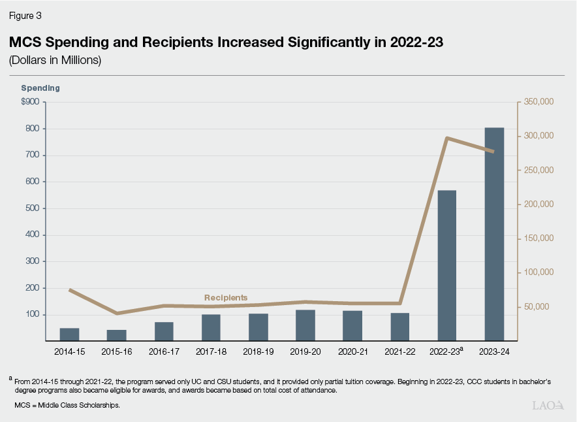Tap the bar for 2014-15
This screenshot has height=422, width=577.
(x=69, y=334)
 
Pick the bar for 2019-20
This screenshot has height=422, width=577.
(x=305, y=325)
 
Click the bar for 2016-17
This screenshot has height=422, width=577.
(x=164, y=331)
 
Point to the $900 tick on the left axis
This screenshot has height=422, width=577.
(x=30, y=102)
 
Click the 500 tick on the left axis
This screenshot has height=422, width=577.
(x=32, y=208)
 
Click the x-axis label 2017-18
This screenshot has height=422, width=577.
(x=211, y=351)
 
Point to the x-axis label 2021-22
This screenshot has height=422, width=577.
(x=399, y=351)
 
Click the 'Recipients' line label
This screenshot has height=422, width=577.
(x=226, y=297)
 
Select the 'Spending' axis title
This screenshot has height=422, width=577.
(x=40, y=88)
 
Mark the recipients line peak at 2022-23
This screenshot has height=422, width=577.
(x=446, y=138)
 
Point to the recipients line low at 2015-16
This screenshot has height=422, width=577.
(x=117, y=314)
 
